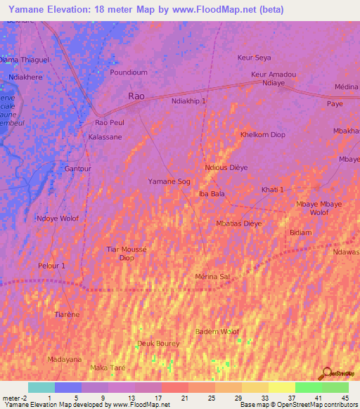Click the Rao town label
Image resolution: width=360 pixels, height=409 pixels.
point(137,95)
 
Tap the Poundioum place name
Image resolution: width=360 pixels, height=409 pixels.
point(129,72)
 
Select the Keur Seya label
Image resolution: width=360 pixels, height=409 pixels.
point(254,57)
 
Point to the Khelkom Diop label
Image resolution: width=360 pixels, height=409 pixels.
point(263,134)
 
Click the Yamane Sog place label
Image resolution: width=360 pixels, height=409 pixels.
point(169,181)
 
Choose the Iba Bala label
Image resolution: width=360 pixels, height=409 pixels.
point(212,193)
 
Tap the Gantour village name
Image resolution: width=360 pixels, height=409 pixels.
point(78,169)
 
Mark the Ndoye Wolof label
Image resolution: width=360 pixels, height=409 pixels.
point(58,218)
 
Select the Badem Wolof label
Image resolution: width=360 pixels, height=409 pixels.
point(217,332)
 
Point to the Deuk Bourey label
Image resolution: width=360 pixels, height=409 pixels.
point(158,344)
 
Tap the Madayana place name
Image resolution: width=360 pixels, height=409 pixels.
point(65,359)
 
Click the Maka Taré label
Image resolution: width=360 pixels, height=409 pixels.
point(107,368)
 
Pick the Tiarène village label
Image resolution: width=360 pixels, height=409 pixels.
point(67,313)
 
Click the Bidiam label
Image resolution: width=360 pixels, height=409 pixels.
point(300,232)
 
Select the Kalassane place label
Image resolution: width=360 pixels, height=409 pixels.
point(105,137)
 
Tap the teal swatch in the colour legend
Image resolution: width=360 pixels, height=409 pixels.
point(41,387)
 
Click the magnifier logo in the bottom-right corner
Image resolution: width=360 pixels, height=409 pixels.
point(326,372)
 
